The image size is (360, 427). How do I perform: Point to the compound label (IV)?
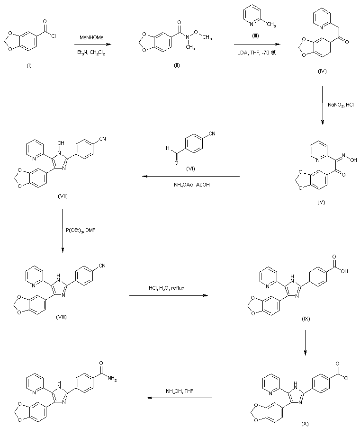[323, 71]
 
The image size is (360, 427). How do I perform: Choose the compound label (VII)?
[61, 196]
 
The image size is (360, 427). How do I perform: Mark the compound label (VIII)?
[61, 317]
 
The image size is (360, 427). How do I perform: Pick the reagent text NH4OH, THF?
[179, 391]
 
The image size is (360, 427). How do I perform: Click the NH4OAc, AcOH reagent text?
[191, 185]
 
